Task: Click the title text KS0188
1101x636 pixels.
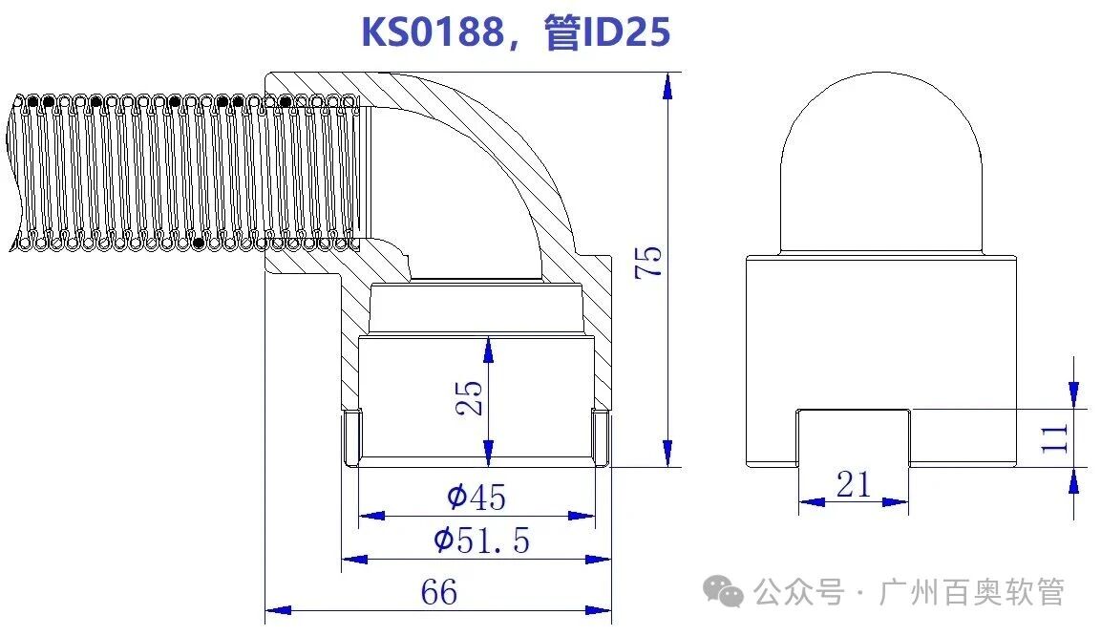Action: click(432, 32)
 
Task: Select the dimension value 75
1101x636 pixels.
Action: click(648, 262)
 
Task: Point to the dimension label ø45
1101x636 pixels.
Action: click(476, 497)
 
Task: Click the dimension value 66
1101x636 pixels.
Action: click(439, 592)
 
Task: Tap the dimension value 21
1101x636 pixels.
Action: click(853, 484)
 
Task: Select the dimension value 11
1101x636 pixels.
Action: click(1053, 438)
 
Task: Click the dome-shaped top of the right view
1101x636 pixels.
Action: click(881, 162)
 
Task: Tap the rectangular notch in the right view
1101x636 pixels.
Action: click(853, 436)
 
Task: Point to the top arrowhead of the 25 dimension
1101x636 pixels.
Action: click(489, 350)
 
